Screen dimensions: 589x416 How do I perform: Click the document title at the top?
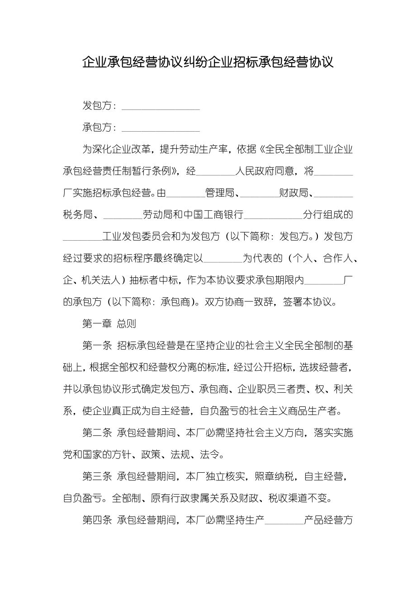coord(208,62)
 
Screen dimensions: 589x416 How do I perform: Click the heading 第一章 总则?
coord(109,324)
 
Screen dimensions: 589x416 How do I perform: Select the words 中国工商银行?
coord(214,215)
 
